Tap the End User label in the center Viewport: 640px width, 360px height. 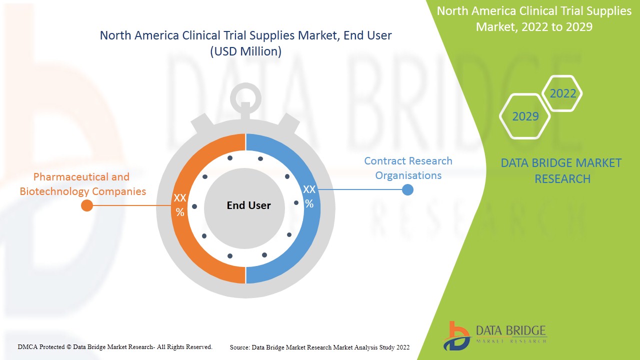(x=248, y=205)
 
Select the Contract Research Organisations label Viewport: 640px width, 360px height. (x=408, y=168)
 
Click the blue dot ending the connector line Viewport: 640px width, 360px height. (x=407, y=190)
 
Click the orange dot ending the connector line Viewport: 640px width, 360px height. (x=87, y=205)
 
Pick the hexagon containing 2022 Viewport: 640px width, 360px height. (x=562, y=93)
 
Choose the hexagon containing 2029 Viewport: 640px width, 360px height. (x=525, y=116)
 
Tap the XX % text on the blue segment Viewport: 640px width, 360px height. (x=309, y=196)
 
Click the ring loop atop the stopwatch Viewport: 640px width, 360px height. (x=245, y=95)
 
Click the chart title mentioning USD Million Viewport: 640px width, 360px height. (x=245, y=43)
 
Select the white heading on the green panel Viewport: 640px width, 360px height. (x=534, y=19)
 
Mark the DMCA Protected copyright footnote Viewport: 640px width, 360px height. (x=115, y=346)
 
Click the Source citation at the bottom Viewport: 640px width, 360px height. (x=319, y=347)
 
